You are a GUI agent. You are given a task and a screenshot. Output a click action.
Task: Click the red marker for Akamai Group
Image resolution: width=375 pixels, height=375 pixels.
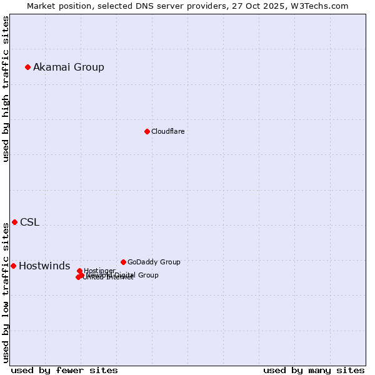tap(27, 67)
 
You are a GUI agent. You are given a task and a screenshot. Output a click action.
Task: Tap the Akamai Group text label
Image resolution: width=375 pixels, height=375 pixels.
tap(69, 67)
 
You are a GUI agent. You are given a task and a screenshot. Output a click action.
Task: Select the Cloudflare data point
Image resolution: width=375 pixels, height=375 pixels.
tap(147, 131)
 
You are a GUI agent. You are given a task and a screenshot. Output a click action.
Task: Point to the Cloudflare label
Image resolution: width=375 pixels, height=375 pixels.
tap(167, 131)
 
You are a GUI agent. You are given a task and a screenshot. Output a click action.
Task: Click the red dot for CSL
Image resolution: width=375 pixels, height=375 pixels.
tap(14, 222)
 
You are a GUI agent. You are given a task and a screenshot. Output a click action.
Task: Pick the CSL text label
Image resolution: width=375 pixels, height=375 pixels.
tap(29, 222)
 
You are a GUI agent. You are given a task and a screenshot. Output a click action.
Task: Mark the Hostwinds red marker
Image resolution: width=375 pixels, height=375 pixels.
tap(13, 266)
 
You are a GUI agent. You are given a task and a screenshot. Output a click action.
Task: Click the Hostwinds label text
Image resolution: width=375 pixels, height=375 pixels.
tap(44, 266)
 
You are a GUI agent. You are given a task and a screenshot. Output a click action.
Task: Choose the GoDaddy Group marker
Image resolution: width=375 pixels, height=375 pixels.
tap(123, 262)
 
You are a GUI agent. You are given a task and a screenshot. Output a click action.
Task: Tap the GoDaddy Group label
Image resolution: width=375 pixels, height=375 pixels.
tap(154, 262)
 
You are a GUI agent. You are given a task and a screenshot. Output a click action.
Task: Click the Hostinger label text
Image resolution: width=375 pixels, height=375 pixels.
tap(100, 270)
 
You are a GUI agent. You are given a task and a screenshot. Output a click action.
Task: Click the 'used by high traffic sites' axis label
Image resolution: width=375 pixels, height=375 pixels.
tap(6, 89)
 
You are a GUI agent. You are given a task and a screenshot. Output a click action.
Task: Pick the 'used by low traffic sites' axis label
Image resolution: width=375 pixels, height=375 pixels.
tap(6, 292)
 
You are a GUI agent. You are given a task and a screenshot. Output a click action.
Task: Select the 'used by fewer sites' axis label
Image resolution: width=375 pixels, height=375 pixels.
tap(64, 370)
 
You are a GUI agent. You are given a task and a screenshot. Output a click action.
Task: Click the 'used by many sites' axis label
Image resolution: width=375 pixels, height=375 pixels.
tap(314, 370)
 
